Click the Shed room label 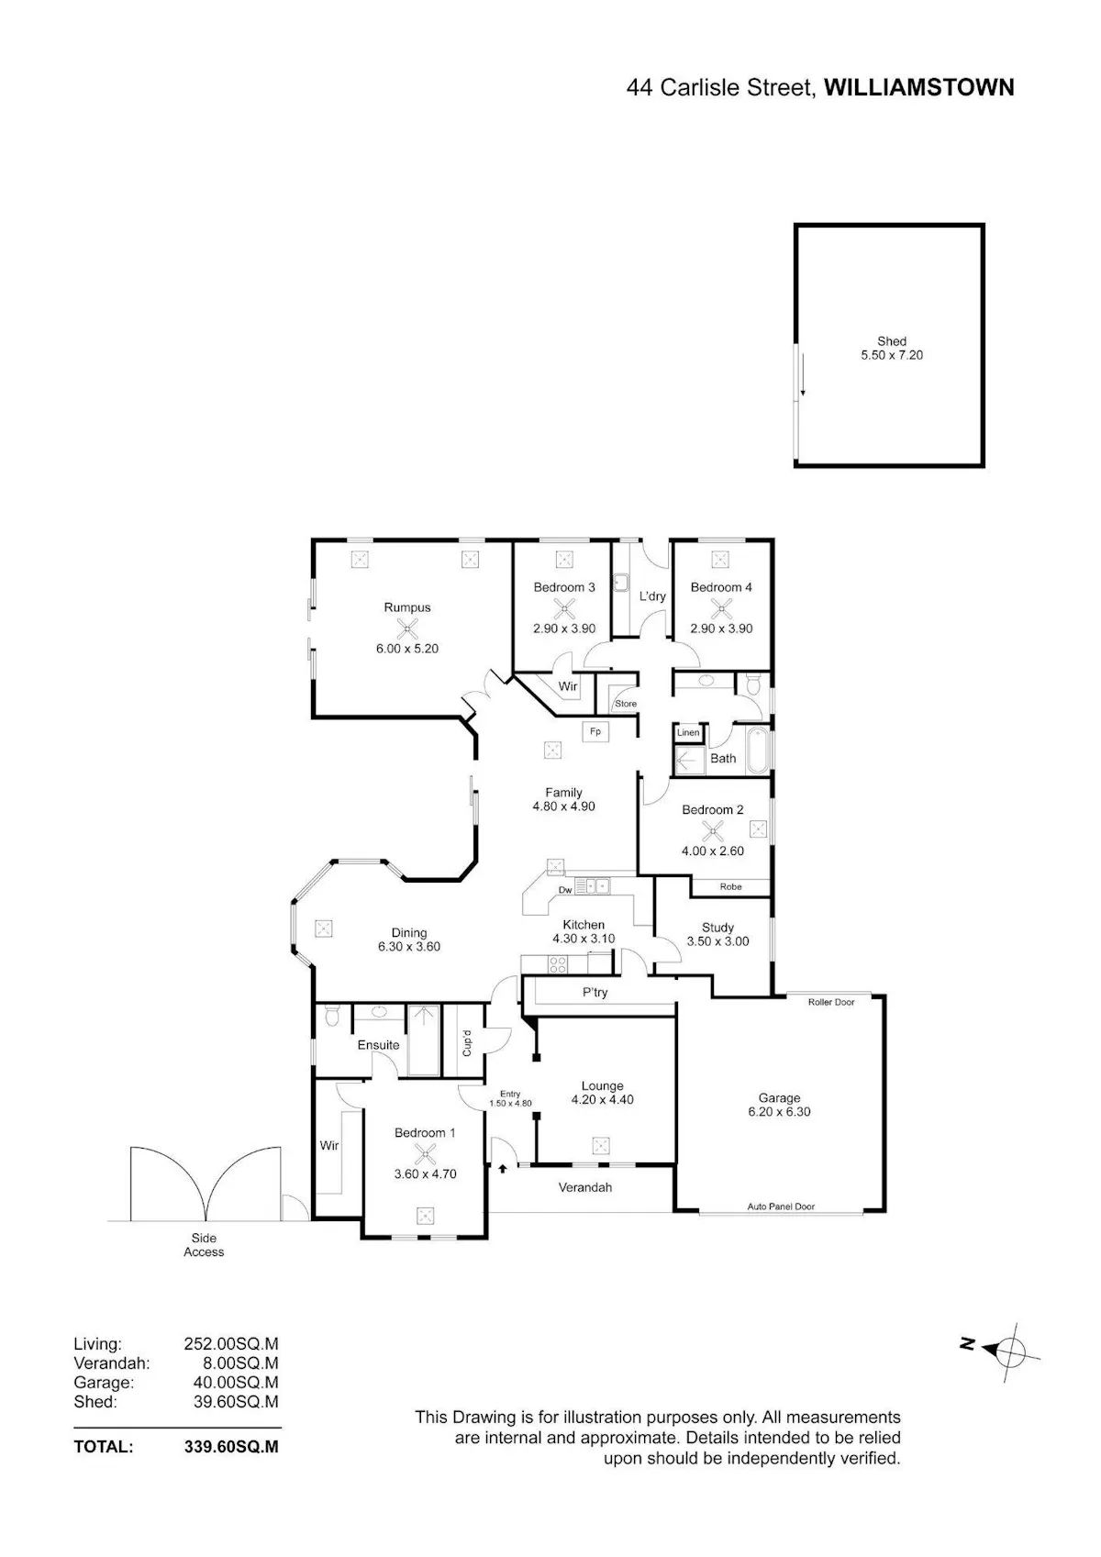click(x=891, y=341)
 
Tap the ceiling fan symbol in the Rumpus click(x=406, y=628)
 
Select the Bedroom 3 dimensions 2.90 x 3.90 click(x=563, y=628)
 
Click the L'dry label click(x=652, y=595)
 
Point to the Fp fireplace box click(x=595, y=731)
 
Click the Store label click(x=625, y=704)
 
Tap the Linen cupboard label click(x=687, y=732)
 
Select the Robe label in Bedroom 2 click(x=730, y=886)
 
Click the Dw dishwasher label click(x=565, y=890)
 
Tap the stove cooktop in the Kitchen click(x=558, y=964)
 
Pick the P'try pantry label click(x=595, y=993)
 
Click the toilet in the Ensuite click(x=331, y=1016)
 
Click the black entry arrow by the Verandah click(x=503, y=1169)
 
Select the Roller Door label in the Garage click(x=830, y=1002)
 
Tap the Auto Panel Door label click(x=781, y=1206)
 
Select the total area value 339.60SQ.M click(x=231, y=1447)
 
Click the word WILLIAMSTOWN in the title click(x=919, y=87)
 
